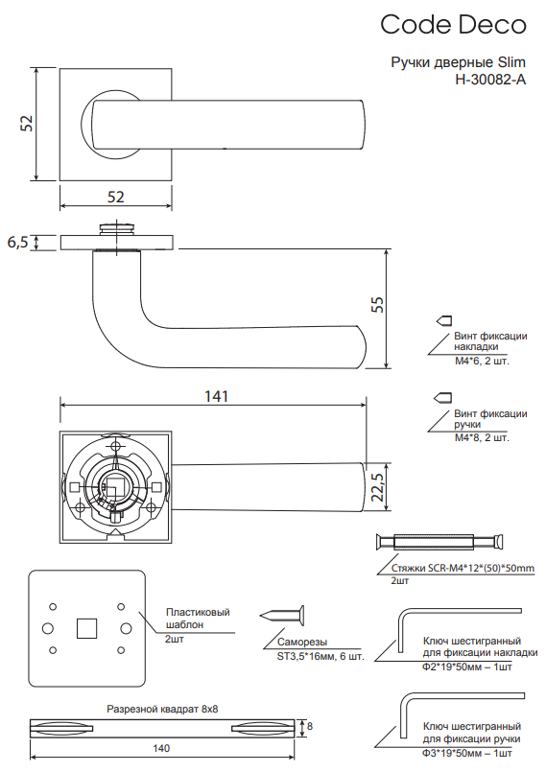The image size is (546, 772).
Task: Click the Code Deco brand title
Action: [x=453, y=25]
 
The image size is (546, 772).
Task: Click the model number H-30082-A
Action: [x=490, y=80]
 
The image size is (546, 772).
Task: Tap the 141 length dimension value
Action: [x=216, y=396]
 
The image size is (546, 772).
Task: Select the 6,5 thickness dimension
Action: [x=17, y=243]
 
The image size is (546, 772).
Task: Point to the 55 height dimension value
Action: [x=377, y=304]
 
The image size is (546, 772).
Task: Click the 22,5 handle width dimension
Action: [x=378, y=487]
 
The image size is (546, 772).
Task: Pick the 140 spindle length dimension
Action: [x=161, y=748]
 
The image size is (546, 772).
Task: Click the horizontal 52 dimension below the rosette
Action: [x=116, y=197]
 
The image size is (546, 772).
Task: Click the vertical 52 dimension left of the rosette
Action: [x=26, y=123]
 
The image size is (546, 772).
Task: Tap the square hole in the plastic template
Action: [x=86, y=628]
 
